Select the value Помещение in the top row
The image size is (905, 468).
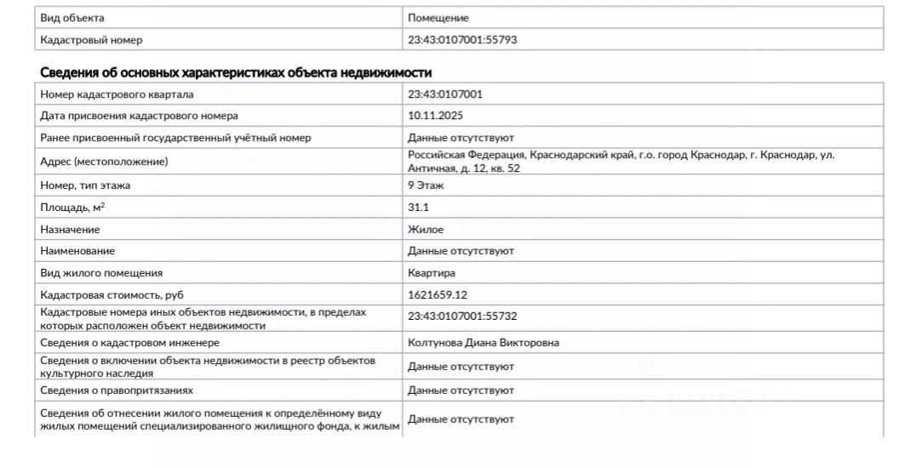[x=438, y=18]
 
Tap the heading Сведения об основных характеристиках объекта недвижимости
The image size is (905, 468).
[x=236, y=72]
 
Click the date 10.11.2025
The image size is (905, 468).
[x=435, y=116]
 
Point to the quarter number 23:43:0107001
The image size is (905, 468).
[x=445, y=94]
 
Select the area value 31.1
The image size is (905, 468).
[x=419, y=208]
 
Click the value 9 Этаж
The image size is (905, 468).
[x=426, y=185]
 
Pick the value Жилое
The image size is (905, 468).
[x=426, y=230]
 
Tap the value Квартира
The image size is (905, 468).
[x=432, y=273]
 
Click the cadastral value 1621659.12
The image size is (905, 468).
[x=437, y=295]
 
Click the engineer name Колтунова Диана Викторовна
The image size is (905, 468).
[x=484, y=343]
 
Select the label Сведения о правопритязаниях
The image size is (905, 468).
[x=117, y=391]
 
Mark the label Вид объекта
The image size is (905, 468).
[x=72, y=18]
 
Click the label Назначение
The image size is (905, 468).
[x=70, y=230]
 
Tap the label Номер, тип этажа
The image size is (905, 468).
[x=85, y=185]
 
